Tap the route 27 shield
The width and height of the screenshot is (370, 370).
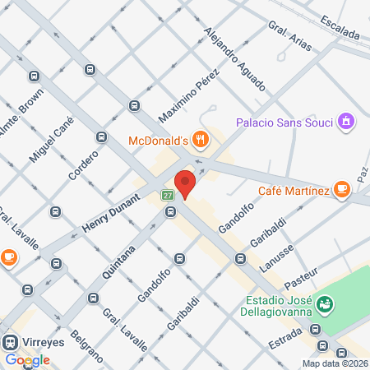[x=168, y=196]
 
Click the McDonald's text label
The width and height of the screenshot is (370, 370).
[x=159, y=141]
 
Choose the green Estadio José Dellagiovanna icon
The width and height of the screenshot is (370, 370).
[x=326, y=304]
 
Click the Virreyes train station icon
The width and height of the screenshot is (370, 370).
[x=11, y=341]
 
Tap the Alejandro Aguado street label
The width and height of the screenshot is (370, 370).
[x=234, y=59]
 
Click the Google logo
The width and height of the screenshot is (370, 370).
[x=28, y=360]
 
